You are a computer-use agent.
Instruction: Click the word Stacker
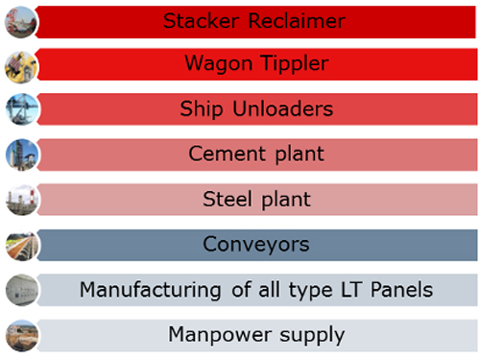201,21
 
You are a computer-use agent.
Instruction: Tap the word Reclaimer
297,21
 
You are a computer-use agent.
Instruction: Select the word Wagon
219,63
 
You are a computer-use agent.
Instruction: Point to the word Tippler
295,63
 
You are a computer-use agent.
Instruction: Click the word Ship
202,109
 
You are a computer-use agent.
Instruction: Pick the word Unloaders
283,108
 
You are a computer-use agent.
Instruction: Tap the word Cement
228,154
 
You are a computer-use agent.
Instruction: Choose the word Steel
228,199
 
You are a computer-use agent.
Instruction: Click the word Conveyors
256,245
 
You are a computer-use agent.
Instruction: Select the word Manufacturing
151,290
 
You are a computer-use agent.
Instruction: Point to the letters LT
351,290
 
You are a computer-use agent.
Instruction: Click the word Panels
401,290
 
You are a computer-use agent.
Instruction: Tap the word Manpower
220,335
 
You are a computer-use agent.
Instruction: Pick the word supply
312,336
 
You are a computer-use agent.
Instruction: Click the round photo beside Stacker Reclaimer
21,22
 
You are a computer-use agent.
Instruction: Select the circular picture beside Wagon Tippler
21,67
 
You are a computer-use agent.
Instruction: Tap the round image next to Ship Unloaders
22,109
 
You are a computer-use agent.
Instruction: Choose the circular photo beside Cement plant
22,155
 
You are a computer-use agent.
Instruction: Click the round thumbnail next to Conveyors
22,246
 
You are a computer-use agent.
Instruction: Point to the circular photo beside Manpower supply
22,336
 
